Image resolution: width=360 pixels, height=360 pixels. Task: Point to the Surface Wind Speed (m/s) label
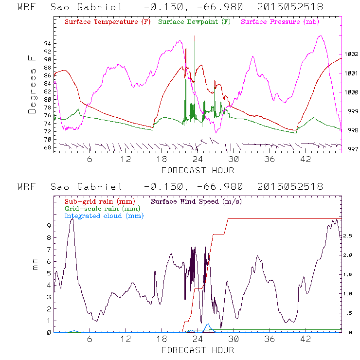[197, 201]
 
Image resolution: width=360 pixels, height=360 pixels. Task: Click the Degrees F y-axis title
[32, 84]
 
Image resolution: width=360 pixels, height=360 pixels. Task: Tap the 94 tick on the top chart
[47, 43]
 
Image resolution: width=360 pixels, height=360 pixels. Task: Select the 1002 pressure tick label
[351, 54]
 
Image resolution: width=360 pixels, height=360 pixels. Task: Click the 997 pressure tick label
[351, 149]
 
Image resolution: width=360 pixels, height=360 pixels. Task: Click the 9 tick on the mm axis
[49, 226]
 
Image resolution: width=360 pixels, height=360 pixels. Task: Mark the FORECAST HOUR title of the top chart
[198, 170]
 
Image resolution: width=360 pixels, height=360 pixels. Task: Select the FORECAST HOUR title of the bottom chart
[198, 350]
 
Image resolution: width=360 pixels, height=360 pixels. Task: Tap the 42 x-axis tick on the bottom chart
[306, 339]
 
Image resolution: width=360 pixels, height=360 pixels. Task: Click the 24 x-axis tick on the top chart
[198, 159]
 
